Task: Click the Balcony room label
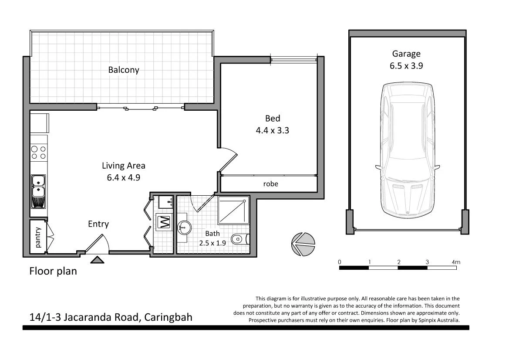[124, 70]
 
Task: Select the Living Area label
[123, 166]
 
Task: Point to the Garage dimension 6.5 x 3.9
[406, 66]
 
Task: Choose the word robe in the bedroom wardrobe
[270, 184]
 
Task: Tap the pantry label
[37, 238]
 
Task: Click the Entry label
[98, 224]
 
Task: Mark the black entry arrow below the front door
[97, 260]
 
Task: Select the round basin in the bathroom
[184, 227]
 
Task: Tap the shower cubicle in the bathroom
[233, 210]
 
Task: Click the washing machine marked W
[164, 222]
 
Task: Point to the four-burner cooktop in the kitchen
[38, 152]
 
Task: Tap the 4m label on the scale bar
[456, 262]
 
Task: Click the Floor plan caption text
[53, 271]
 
